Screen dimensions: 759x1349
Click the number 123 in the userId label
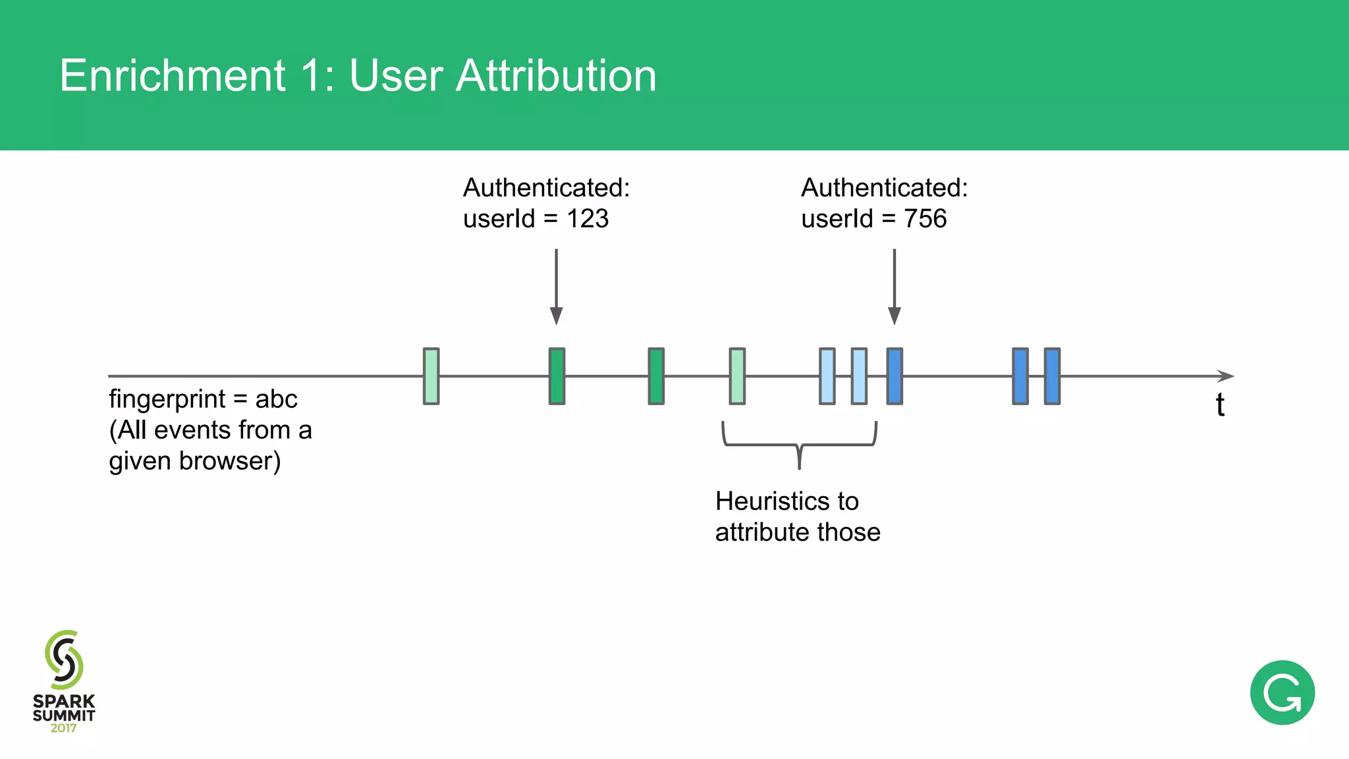[588, 219]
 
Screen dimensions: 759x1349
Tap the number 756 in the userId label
[925, 219]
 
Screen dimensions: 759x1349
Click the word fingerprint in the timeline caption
[167, 399]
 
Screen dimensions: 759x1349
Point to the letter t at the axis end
[1220, 405]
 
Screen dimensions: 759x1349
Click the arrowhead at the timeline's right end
[1225, 376]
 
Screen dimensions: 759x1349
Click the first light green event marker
[431, 376]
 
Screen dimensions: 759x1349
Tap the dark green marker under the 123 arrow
[557, 376]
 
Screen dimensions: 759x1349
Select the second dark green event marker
[656, 376]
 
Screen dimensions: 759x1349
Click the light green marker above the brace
[737, 376]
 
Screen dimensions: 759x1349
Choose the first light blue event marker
[827, 376]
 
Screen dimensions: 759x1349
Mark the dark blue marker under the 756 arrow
[895, 376]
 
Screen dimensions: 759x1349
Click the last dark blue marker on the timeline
[1053, 376]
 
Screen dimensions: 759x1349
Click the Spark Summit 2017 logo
[64, 682]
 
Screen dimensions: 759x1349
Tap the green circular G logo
[1282, 692]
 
